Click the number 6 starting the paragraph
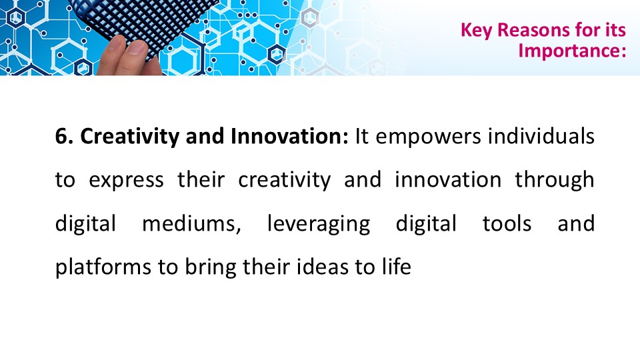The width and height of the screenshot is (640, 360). [x=61, y=136]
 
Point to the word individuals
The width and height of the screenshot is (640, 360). [x=541, y=136]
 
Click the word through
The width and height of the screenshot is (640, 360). [x=555, y=180]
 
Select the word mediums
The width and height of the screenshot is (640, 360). [x=191, y=224]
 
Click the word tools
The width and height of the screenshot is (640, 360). [x=507, y=224]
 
